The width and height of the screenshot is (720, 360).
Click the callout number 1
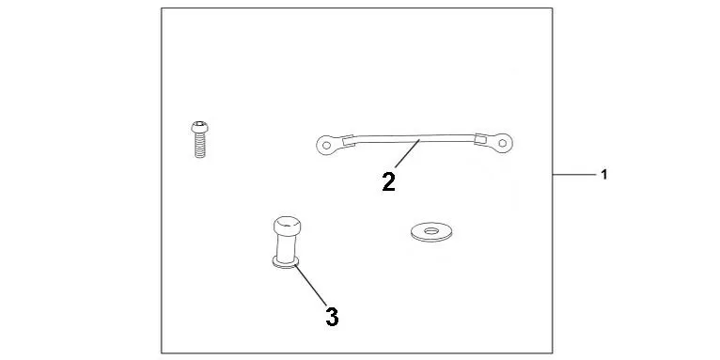(x=604, y=175)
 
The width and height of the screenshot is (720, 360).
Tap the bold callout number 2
(x=388, y=182)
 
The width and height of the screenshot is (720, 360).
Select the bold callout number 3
(x=332, y=317)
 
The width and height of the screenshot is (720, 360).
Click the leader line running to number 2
(x=407, y=153)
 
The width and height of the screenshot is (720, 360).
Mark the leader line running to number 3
(x=310, y=285)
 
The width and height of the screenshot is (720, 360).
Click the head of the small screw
(x=199, y=127)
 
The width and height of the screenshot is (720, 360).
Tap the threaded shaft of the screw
(x=200, y=145)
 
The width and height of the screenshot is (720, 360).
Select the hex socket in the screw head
(x=199, y=124)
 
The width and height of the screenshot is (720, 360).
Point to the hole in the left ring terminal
(x=326, y=146)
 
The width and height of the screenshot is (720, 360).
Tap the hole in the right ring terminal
(x=503, y=143)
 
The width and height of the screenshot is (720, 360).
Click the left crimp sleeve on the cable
(x=349, y=140)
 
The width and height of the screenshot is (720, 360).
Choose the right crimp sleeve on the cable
(x=480, y=138)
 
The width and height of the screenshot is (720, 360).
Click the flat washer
(x=431, y=232)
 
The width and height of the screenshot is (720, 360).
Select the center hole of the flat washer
(x=431, y=230)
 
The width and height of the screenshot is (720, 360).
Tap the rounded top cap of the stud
(x=288, y=225)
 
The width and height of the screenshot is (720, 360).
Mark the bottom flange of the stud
(x=285, y=262)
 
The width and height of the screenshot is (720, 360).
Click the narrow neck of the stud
(x=287, y=246)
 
